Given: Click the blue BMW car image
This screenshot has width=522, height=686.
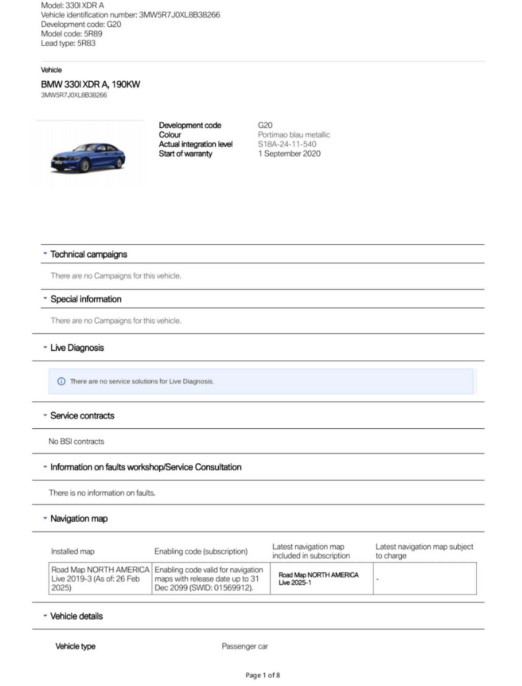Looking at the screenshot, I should [x=88, y=158].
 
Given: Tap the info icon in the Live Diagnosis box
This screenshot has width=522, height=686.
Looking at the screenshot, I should [x=61, y=381].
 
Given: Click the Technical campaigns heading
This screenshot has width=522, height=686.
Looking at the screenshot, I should [x=89, y=254].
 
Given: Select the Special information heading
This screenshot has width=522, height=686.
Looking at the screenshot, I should [x=86, y=299].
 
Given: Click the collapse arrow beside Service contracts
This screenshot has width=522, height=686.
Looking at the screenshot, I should [x=45, y=415].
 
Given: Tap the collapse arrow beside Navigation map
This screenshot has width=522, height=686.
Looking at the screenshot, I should [x=45, y=518].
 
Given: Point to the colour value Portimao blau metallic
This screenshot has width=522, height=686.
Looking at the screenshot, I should [x=294, y=135].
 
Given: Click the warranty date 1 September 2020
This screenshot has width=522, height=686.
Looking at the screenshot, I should [x=289, y=154].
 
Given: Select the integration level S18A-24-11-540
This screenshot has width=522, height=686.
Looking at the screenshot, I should [x=287, y=144].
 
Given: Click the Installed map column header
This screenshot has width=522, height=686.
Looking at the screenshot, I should [x=73, y=551].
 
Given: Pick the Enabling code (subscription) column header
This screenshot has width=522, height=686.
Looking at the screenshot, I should [x=201, y=551].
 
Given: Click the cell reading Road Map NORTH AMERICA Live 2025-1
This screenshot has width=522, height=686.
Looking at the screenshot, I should [x=318, y=578].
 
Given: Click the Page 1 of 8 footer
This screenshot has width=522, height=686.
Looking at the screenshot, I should [x=262, y=675].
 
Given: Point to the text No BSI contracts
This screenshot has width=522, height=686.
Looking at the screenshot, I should [x=76, y=441].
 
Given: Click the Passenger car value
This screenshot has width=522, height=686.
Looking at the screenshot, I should [x=244, y=646].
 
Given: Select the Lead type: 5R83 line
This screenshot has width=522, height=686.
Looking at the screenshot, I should [x=68, y=43].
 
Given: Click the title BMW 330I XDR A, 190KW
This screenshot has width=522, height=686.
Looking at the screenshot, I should [x=90, y=84].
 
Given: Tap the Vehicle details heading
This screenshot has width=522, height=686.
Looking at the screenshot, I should [x=77, y=616].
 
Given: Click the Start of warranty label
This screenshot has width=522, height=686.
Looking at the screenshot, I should [x=185, y=154].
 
